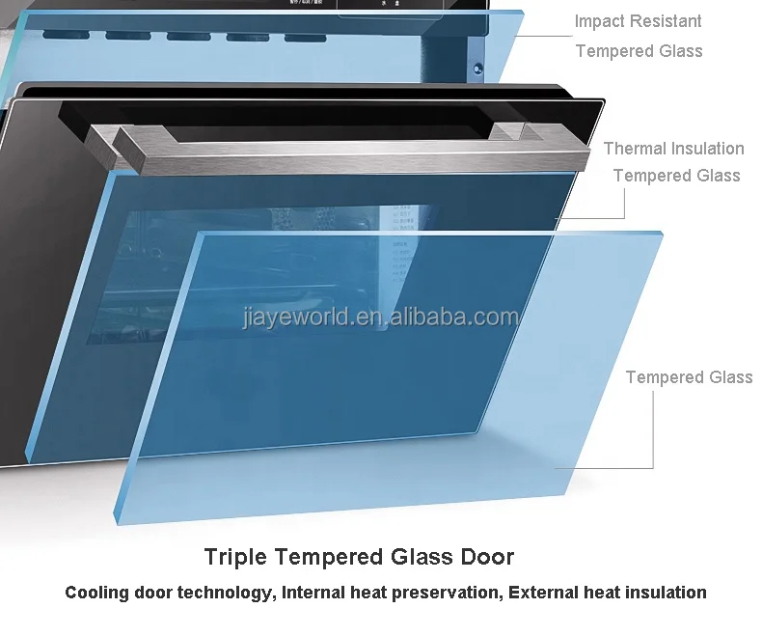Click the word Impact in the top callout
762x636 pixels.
[x=599, y=21]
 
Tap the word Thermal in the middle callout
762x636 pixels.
[x=636, y=149]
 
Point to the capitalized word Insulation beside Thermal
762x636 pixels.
[x=709, y=149]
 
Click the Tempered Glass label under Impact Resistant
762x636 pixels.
[x=639, y=50]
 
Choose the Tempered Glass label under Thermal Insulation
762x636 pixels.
[x=676, y=176]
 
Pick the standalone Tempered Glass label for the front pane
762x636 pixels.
[x=689, y=377]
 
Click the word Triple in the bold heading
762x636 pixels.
[x=231, y=557]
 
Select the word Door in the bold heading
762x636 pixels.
[x=488, y=557]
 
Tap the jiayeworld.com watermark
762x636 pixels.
[x=381, y=318]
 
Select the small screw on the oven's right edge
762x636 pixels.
[x=479, y=69]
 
